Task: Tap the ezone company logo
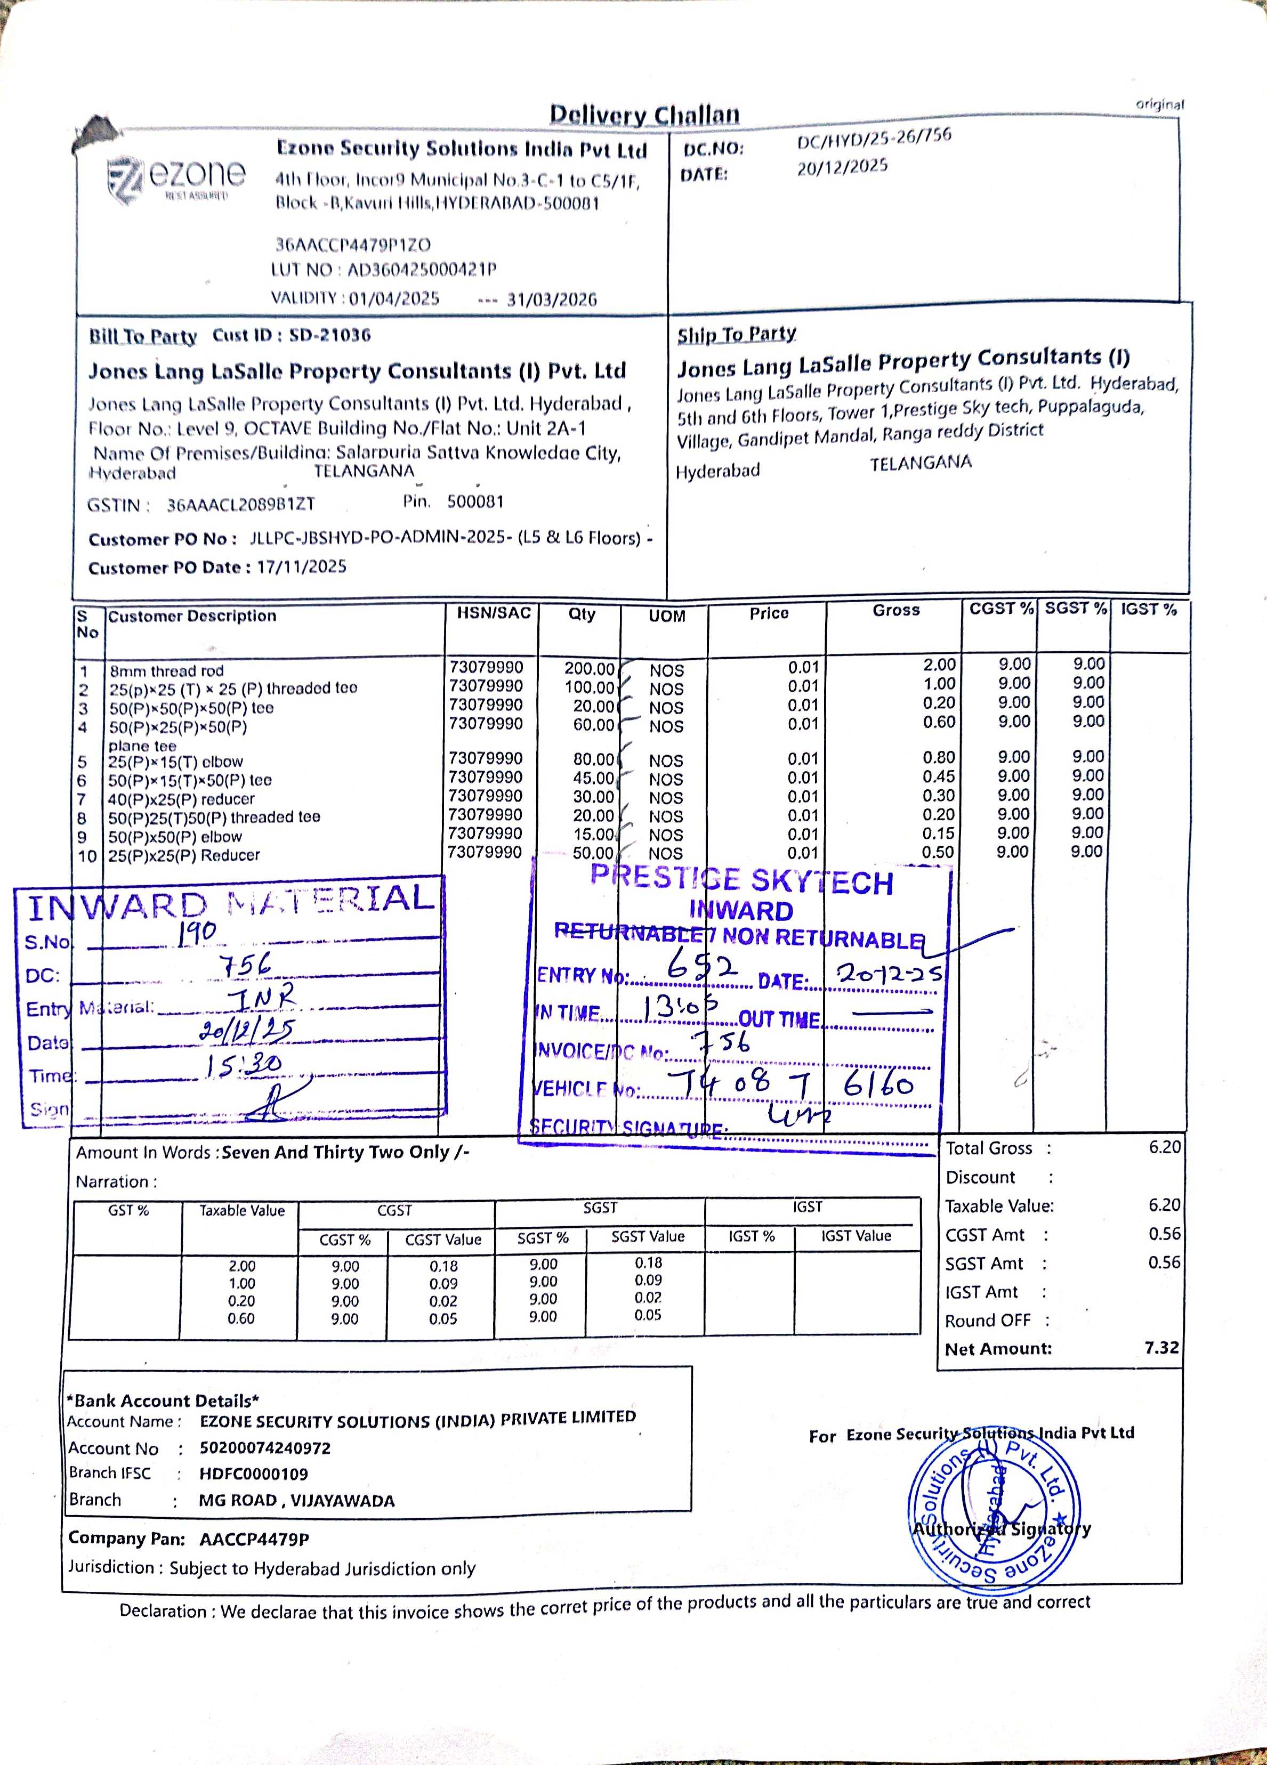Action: pos(176,177)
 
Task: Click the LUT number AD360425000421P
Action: pos(421,270)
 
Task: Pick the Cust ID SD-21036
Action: pos(330,335)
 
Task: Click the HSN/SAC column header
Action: pos(494,613)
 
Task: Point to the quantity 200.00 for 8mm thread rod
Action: pos(588,668)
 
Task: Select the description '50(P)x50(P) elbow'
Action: pos(175,837)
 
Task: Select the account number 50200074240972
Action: pos(264,1447)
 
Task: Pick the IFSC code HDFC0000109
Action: pos(254,1473)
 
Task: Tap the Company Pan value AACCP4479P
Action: pos(254,1539)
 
